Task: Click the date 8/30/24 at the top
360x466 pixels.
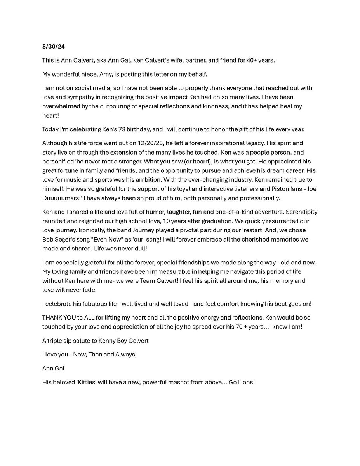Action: point(53,47)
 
